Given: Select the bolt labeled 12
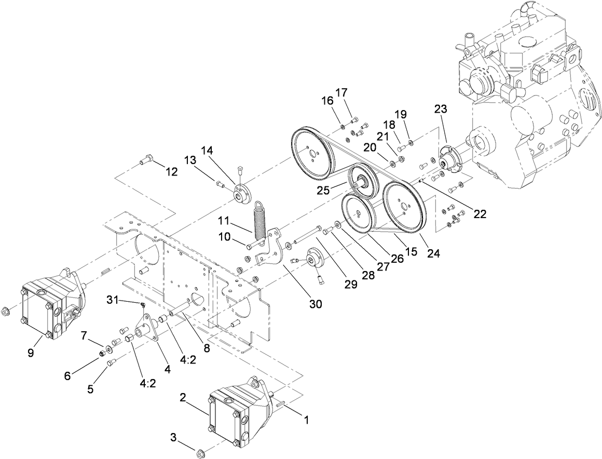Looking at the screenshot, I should (x=146, y=160).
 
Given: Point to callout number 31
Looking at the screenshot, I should (x=112, y=300).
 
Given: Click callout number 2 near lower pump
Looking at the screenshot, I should (x=183, y=398).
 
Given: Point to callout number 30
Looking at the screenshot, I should (x=316, y=304).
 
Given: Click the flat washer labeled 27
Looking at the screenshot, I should (x=338, y=224).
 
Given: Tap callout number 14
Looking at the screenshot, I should (x=207, y=151).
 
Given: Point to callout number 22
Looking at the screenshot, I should (x=480, y=213).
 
